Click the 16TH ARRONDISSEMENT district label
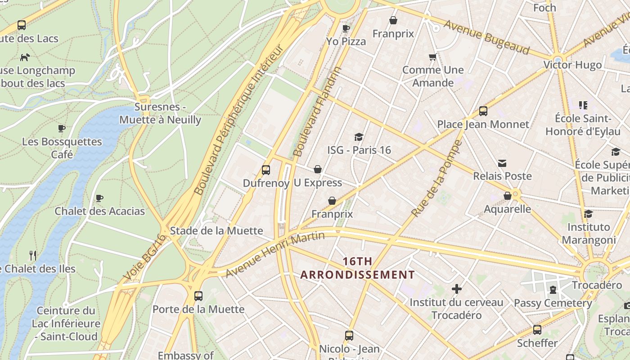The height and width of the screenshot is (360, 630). coord(357,268)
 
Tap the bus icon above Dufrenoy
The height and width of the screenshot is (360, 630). coord(266,170)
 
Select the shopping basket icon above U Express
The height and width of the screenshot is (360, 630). coord(318,169)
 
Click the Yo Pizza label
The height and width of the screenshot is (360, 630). coord(346,41)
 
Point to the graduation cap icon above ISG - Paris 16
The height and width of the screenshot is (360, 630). coord(359,137)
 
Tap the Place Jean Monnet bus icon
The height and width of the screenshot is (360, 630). coord(483,111)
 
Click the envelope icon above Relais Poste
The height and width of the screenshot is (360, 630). coord(502,163)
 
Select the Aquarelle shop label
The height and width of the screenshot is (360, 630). coord(507,209)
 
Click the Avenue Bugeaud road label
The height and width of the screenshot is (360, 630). coord(486,37)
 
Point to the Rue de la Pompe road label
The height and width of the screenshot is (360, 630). coord(437,178)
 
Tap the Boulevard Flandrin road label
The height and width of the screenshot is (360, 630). coord(317,112)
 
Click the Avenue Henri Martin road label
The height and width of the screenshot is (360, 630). coord(275,255)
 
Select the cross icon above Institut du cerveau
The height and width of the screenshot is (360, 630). coord(457,288)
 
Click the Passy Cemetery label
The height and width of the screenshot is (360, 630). coord(553,303)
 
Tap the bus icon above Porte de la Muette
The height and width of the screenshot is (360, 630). coord(198,296)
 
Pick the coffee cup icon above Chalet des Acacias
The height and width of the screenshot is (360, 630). coord(99,198)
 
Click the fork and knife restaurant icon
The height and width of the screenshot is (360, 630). coord(33,256)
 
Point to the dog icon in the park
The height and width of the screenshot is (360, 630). coord(25,57)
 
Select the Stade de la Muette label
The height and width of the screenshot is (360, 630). coord(216,230)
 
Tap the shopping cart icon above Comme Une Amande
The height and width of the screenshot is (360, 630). coord(433,57)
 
